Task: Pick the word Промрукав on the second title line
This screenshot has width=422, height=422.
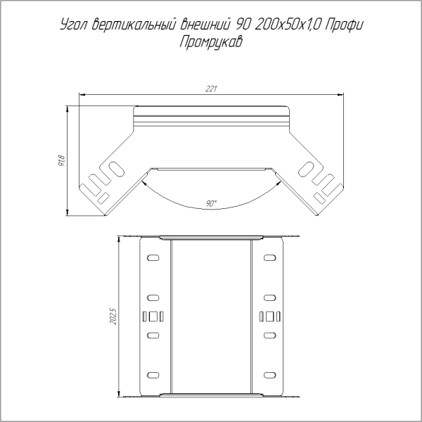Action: tap(211, 44)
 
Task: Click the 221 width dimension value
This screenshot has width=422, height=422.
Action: tap(210, 89)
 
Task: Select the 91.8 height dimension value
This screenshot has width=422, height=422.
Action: tap(63, 161)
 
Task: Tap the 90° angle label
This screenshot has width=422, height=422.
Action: tap(212, 203)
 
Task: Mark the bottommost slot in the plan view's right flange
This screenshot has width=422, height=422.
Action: tap(269, 372)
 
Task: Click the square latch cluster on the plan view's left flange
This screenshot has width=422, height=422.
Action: tap(154, 315)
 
